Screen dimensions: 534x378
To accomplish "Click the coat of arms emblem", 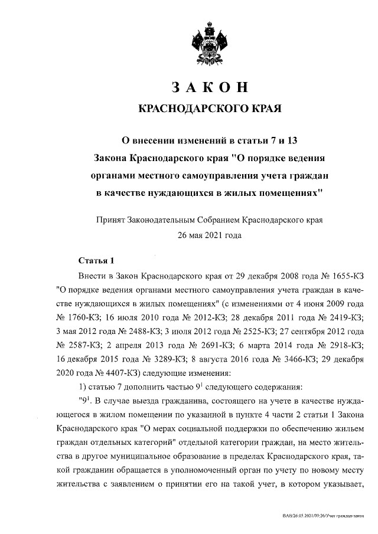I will pyautogui.click(x=209, y=42).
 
